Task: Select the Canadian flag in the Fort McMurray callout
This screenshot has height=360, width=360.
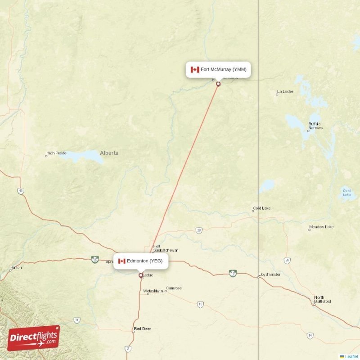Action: (x=195, y=69)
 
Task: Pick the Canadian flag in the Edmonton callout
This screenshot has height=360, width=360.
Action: (x=121, y=261)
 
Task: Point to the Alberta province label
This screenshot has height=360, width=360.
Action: (x=109, y=153)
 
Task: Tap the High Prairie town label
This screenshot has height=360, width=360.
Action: (x=57, y=153)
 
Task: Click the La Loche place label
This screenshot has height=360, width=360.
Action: (x=285, y=92)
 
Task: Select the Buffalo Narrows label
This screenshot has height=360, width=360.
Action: (x=315, y=126)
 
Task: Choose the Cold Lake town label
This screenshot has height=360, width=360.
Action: (x=261, y=208)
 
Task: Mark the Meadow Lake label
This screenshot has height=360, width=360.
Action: (x=321, y=227)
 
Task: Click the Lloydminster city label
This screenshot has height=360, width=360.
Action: (x=269, y=274)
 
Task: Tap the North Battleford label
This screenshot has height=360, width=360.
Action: (x=322, y=299)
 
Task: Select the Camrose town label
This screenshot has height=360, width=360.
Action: (x=174, y=288)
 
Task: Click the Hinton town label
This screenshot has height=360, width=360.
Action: (x=16, y=268)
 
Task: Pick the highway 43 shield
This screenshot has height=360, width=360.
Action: (x=21, y=191)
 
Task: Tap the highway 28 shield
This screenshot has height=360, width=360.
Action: (x=199, y=230)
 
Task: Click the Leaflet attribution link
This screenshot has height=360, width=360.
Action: (x=351, y=356)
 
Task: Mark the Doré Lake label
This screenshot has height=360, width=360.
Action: (x=347, y=193)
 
